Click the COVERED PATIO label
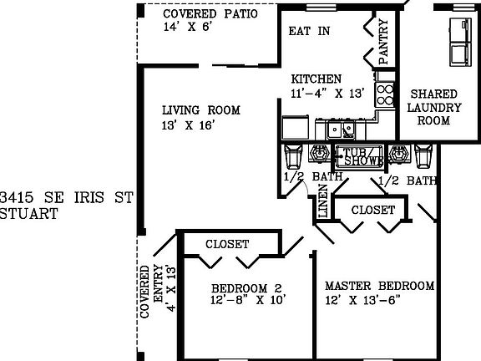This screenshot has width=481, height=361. [x=210, y=14]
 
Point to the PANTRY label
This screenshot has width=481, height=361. [x=383, y=41]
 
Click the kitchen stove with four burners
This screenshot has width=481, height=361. [x=384, y=89]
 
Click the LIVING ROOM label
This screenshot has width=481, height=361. [x=201, y=110]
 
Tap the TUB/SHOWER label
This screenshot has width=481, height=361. [x=359, y=155]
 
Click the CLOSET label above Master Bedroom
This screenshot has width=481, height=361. [x=372, y=211]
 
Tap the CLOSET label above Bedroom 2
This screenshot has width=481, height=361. [x=226, y=244]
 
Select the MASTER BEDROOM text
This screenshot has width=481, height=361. [x=379, y=286]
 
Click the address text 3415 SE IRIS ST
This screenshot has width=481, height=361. [x=67, y=198]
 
